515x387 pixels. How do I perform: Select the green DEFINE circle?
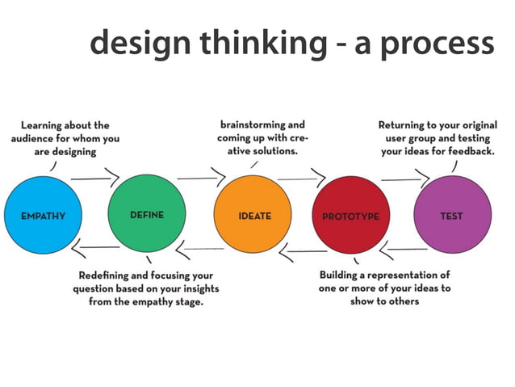click(x=146, y=215)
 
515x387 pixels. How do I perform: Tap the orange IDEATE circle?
click(x=253, y=215)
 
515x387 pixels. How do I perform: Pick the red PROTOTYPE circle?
click(x=350, y=216)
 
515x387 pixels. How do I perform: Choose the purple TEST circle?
click(x=452, y=215)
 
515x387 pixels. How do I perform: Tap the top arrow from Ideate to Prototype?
click(x=301, y=175)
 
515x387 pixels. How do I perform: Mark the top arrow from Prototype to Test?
click(x=405, y=175)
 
